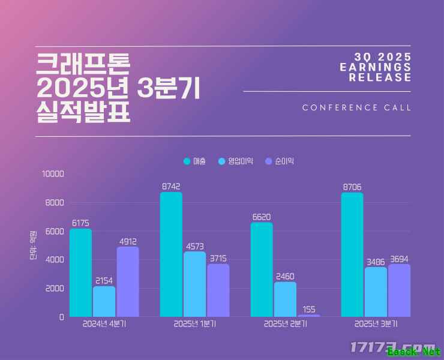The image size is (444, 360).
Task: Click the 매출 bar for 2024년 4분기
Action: (80, 273)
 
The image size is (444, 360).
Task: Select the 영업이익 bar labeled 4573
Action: (194, 284)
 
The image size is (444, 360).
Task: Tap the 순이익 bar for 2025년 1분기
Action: (218, 290)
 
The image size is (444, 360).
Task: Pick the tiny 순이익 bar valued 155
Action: (308, 315)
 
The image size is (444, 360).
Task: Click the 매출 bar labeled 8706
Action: (352, 255)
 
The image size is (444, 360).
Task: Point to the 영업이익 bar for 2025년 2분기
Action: (285, 299)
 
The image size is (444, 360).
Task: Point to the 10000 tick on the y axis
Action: (52, 174)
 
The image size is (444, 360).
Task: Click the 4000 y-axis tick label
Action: (54, 260)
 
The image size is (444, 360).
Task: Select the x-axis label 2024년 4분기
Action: (104, 324)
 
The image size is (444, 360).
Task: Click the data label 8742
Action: (171, 187)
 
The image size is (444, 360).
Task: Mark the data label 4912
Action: (127, 242)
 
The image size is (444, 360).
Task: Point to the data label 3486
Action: (376, 262)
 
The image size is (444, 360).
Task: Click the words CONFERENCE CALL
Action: (357, 108)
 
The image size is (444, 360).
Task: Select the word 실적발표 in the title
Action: (83, 112)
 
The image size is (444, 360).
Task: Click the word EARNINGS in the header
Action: (376, 67)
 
